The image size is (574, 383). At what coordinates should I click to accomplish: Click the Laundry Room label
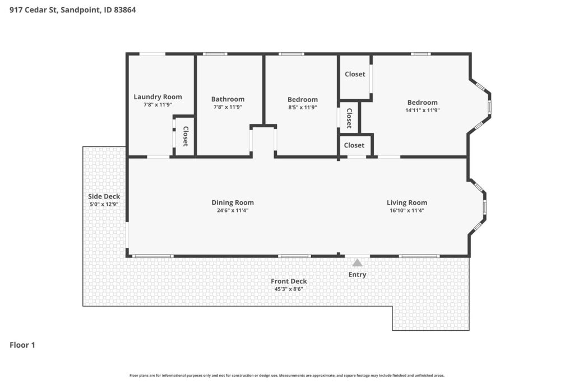pyautogui.click(x=158, y=96)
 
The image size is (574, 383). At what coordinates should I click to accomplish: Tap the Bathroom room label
pyautogui.click(x=228, y=99)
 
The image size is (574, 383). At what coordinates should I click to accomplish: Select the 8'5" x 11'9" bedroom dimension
pyautogui.click(x=302, y=107)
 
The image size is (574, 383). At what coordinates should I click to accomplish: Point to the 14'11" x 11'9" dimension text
pyautogui.click(x=423, y=110)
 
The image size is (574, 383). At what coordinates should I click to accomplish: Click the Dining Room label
pyautogui.click(x=233, y=202)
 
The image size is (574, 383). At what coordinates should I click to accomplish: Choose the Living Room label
pyautogui.click(x=407, y=202)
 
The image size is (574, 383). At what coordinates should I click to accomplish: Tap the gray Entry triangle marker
pyautogui.click(x=357, y=262)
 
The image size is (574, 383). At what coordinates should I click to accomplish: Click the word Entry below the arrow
pyautogui.click(x=357, y=275)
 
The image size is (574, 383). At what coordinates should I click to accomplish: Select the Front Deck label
pyautogui.click(x=289, y=281)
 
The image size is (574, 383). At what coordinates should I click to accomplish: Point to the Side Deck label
pyautogui.click(x=104, y=197)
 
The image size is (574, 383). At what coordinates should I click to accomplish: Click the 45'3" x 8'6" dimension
pyautogui.click(x=289, y=289)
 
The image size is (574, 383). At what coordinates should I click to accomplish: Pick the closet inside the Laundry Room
pyautogui.click(x=186, y=136)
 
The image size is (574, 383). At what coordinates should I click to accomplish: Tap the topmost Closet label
pyautogui.click(x=355, y=74)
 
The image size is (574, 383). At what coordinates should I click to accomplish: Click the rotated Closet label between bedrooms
pyautogui.click(x=349, y=118)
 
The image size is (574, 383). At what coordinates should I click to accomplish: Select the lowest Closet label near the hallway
pyautogui.click(x=354, y=145)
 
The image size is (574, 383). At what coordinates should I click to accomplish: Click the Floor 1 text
pyautogui.click(x=22, y=345)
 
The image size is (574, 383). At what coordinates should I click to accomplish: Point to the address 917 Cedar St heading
pyautogui.click(x=72, y=10)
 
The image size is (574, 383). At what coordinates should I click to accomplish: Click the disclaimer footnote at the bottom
pyautogui.click(x=287, y=375)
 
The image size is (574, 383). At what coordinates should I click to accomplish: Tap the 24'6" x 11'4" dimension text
pyautogui.click(x=233, y=210)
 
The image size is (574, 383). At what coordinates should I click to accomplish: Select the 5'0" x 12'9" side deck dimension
pyautogui.click(x=104, y=205)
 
